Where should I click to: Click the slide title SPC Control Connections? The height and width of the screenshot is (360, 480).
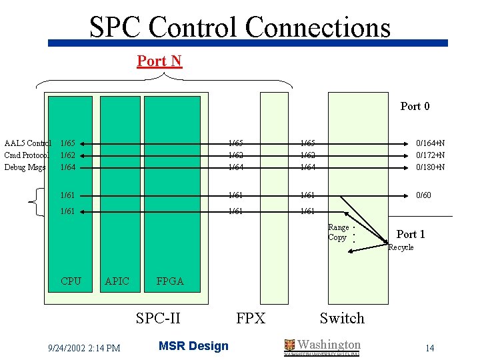240,27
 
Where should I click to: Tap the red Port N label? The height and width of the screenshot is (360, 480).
159,61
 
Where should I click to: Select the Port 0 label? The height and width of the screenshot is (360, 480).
415,106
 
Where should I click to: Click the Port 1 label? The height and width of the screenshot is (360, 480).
411,234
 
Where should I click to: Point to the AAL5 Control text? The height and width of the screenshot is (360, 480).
27,143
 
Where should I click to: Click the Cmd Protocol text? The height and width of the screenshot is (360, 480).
27,155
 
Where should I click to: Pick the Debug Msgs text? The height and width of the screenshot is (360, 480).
25,167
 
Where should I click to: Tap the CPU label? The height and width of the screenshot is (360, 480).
71,281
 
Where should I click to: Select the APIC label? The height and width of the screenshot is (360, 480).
117,281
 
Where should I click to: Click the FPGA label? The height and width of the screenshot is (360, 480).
170,281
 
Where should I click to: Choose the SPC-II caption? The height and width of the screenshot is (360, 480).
158,318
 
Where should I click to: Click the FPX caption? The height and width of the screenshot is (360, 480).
251,318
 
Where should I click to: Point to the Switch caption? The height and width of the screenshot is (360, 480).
342,318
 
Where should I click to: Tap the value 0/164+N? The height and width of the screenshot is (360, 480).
431,143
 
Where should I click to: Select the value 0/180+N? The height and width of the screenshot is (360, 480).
431,167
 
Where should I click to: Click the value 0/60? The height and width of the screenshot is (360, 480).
423,195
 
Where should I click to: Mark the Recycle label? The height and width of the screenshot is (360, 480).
401,247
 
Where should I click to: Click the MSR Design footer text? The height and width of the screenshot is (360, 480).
193,346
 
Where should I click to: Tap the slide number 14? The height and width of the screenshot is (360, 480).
429,348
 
